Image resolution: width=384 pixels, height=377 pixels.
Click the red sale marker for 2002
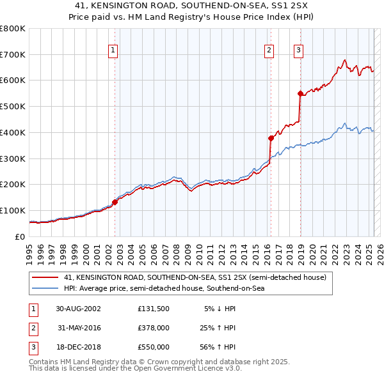pyautogui.click(x=115, y=202)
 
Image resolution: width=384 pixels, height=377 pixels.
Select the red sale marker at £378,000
pyautogui.click(x=271, y=137)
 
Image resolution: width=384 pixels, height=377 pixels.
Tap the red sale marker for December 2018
pyautogui.click(x=300, y=93)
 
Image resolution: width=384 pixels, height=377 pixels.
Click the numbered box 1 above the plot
pyautogui.click(x=113, y=50)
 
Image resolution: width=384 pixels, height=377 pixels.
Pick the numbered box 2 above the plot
pyautogui.click(x=269, y=50)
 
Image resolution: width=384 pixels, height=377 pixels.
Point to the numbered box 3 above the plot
pyautogui.click(x=298, y=50)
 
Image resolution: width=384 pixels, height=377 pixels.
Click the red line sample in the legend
pyautogui.click(x=45, y=277)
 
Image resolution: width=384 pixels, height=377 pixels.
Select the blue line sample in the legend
pyautogui.click(x=45, y=289)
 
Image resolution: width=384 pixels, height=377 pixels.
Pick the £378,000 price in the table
pyautogui.click(x=154, y=328)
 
